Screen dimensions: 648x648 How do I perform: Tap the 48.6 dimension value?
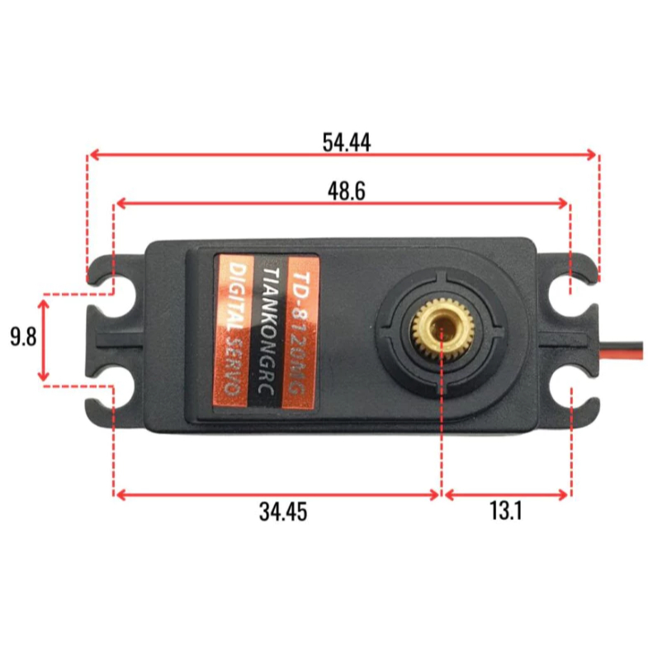click(346, 191)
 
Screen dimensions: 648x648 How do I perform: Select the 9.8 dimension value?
click(22, 338)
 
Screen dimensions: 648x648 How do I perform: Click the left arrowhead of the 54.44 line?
click(93, 154)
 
